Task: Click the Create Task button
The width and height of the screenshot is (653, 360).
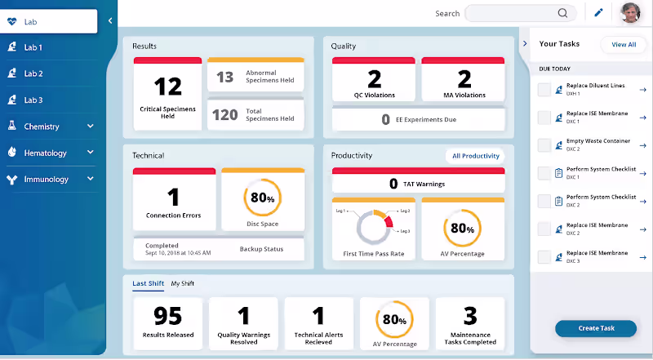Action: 595,328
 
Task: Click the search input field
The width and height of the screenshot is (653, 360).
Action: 514,13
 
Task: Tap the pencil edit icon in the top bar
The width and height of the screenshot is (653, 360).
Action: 598,13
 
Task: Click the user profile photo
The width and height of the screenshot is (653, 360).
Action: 630,13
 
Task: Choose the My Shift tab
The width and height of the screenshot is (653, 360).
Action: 182,283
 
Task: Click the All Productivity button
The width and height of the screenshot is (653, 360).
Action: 473,155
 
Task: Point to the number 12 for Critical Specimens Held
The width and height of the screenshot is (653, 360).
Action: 167,87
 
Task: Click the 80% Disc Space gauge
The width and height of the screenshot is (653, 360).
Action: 262,198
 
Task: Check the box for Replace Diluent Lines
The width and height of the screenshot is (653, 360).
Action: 544,90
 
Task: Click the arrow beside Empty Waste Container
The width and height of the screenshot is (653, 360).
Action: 642,144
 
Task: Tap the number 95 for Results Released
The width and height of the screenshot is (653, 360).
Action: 167,316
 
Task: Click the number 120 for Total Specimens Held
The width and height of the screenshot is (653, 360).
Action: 225,115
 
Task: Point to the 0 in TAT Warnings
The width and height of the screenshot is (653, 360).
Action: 393,184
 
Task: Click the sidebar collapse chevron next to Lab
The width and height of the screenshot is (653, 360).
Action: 110,20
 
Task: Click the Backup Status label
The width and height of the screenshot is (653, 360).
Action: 261,249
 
